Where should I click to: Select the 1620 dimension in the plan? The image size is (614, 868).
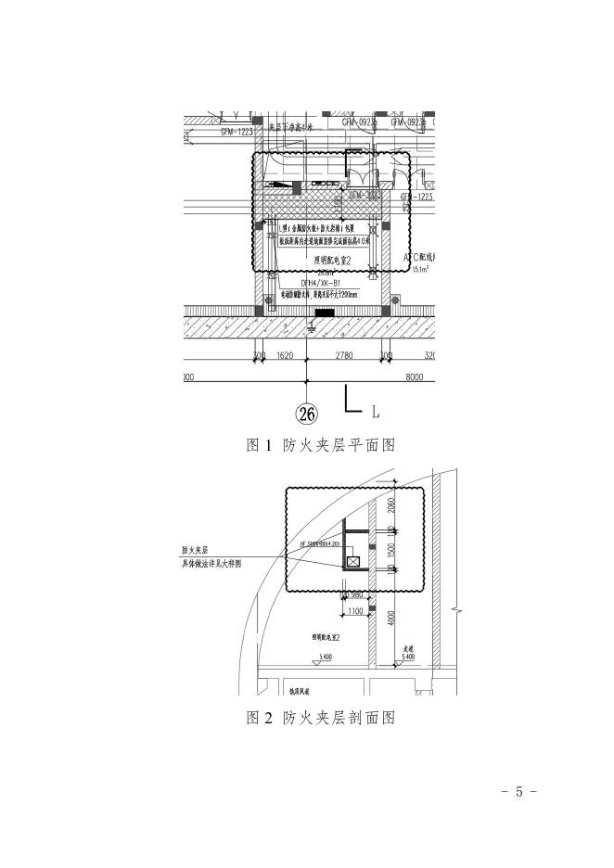tap(285, 355)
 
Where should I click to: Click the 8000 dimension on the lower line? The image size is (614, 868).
tap(414, 377)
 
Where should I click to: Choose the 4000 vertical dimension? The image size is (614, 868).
tap(392, 619)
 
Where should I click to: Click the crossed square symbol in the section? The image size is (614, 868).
tap(352, 560)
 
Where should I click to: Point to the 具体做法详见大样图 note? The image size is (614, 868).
tap(211, 563)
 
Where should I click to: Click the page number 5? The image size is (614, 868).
tap(519, 791)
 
